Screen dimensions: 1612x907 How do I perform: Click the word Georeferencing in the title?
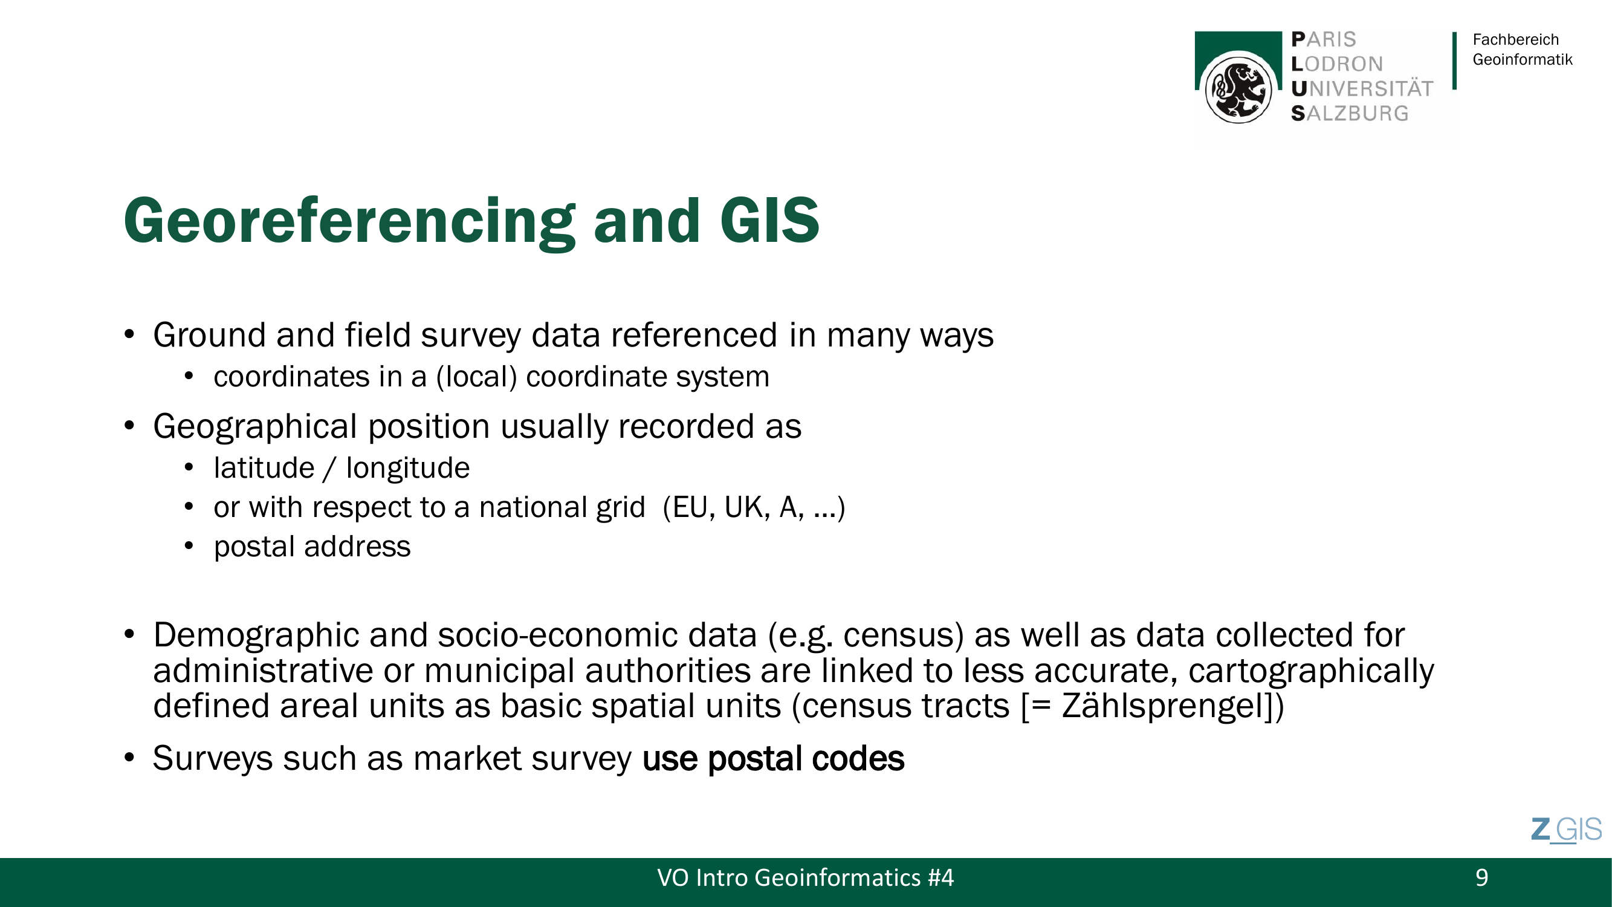coord(349,222)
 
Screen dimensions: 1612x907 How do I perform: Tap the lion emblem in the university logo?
coord(1238,89)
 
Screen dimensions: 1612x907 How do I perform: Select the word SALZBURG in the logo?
coord(1350,113)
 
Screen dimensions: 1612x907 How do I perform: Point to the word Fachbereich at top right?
coord(1516,39)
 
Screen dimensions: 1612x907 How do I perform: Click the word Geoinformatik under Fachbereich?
coord(1523,59)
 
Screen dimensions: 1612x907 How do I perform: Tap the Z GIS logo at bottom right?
coord(1566,830)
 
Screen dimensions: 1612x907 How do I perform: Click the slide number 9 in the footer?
coord(1481,877)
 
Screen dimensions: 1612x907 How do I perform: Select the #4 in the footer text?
coord(940,877)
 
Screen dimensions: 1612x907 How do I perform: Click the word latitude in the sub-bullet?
coord(264,468)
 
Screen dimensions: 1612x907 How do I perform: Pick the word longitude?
coord(408,468)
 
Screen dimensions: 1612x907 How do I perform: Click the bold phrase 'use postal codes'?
coord(773,758)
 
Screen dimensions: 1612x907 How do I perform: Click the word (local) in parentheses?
coord(477,377)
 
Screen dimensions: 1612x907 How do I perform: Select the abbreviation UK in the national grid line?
coord(746,507)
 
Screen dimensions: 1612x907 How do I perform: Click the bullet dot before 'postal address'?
coord(189,546)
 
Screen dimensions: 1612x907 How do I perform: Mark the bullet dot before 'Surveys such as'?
coord(129,758)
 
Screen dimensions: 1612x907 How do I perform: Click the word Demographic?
coord(256,636)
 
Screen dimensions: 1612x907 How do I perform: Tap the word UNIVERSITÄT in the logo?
coord(1362,89)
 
